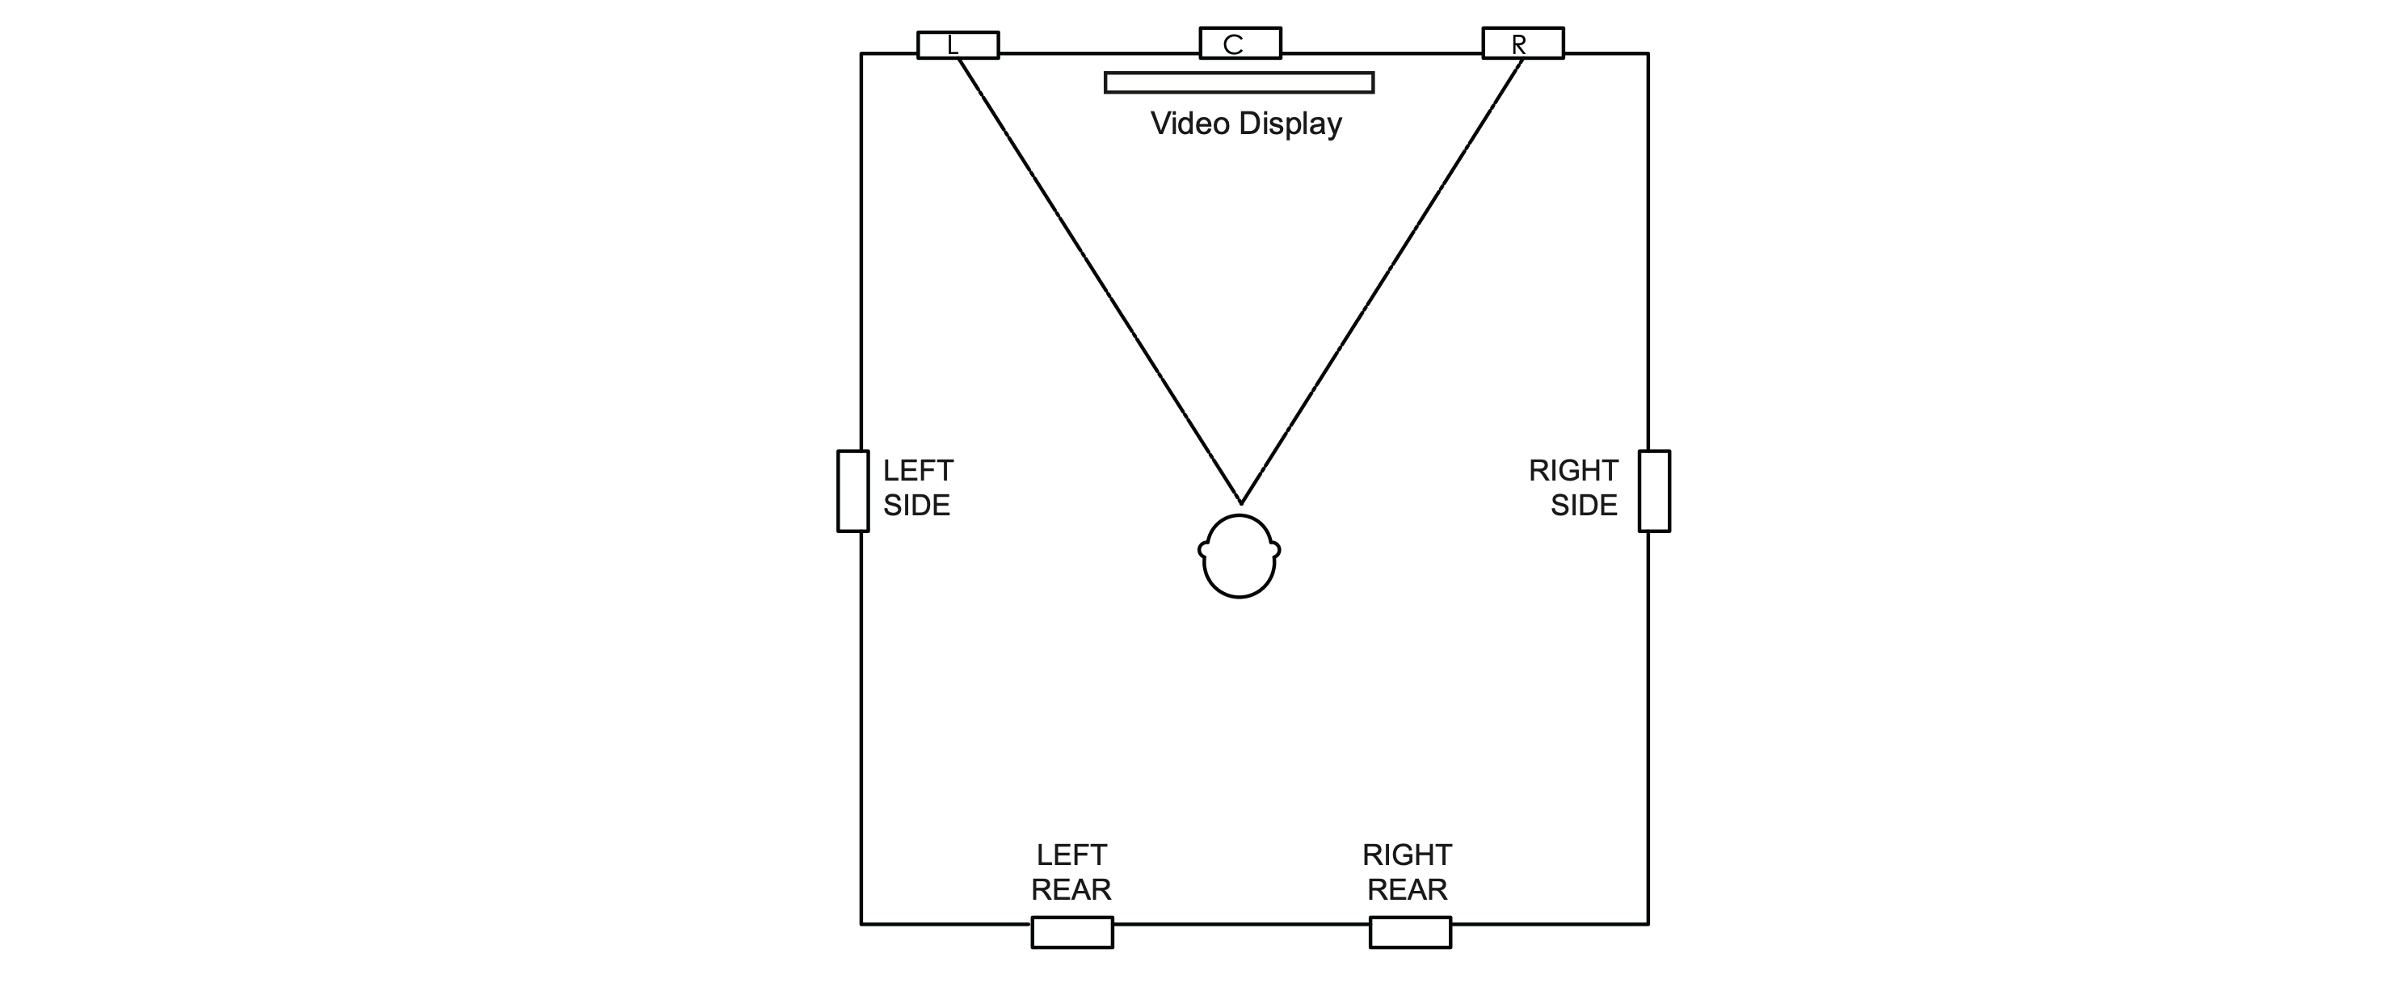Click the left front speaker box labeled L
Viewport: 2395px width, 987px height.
(x=958, y=44)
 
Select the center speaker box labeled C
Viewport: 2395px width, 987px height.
(x=1240, y=43)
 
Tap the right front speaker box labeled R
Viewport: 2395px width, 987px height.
(x=1523, y=43)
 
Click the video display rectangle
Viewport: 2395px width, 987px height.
(x=1240, y=82)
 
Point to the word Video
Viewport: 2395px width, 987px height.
(x=1190, y=124)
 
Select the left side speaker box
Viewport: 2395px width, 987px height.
(x=852, y=491)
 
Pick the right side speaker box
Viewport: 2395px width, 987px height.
(x=1654, y=491)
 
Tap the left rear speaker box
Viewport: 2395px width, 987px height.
(x=1072, y=932)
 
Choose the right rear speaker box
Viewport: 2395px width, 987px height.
(x=1410, y=932)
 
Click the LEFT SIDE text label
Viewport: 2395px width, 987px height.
(x=918, y=488)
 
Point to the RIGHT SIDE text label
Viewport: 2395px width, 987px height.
(x=1573, y=488)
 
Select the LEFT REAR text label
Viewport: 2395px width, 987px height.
(x=1071, y=871)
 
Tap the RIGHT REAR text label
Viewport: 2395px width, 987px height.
(x=1408, y=871)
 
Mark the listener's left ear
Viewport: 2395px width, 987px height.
(x=1203, y=550)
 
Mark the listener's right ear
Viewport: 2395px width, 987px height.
(x=1276, y=550)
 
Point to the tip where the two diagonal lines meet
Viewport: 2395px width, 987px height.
(x=1240, y=503)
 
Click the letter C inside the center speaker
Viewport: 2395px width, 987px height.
(x=1233, y=44)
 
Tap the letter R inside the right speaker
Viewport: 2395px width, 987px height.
(x=1518, y=44)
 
